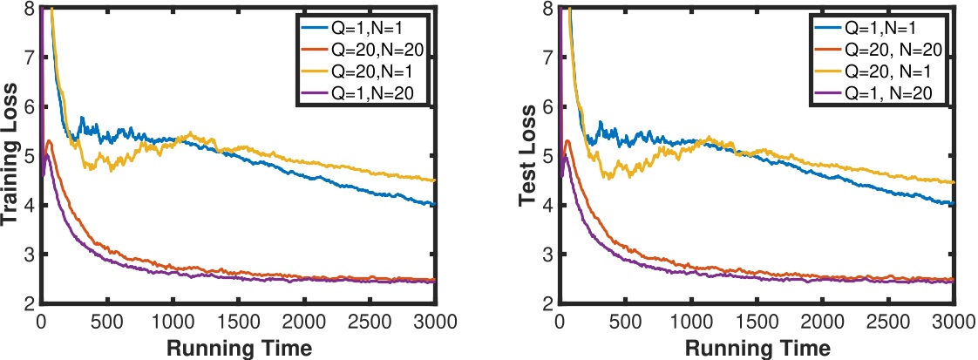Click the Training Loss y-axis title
[x=11, y=154]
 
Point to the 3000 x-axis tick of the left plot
[x=435, y=321]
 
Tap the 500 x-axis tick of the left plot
[x=106, y=321]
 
